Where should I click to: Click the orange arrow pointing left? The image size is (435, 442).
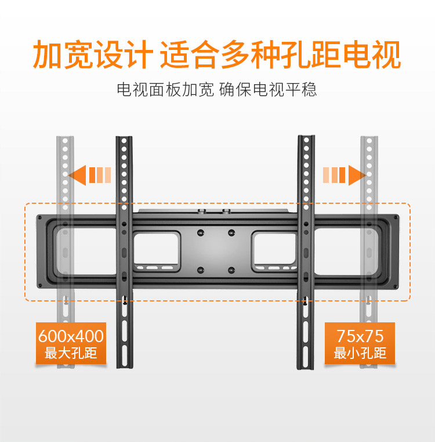(x=78, y=174)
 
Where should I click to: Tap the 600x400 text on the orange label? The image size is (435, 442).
(x=71, y=336)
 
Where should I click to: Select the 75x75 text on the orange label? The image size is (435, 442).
(x=360, y=336)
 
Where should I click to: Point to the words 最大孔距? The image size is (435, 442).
(x=71, y=353)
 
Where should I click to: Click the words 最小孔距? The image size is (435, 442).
(x=360, y=353)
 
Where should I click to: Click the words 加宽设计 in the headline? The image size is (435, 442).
(x=92, y=55)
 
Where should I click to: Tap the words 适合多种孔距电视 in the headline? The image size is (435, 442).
(x=280, y=55)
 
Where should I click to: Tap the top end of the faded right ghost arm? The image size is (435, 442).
(x=369, y=139)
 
